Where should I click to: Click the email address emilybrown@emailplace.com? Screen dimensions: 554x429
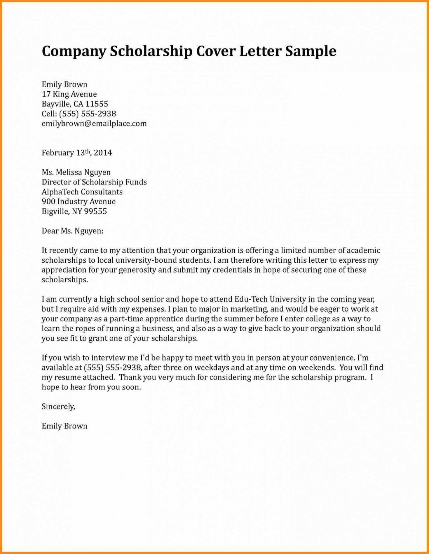[x=94, y=123]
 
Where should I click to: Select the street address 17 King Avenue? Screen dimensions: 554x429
[x=69, y=94]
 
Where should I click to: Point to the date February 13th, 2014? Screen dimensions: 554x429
[x=77, y=153]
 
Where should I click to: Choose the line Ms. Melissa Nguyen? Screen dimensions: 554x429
[x=76, y=173]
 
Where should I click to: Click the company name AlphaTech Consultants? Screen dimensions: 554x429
[x=82, y=192]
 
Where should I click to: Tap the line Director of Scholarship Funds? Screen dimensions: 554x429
[x=94, y=182]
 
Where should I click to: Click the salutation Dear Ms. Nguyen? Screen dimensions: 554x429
[x=72, y=231]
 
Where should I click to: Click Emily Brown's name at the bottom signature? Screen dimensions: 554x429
[x=64, y=426]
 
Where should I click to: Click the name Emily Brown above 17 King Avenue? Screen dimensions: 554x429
[x=64, y=85]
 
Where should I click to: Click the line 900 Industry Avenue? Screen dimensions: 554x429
[x=79, y=202]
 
